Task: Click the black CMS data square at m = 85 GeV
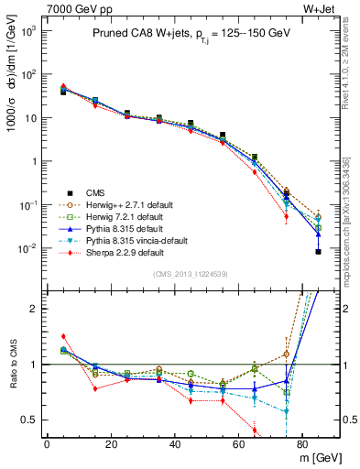click(x=319, y=251)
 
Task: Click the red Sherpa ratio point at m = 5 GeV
click(x=63, y=336)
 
